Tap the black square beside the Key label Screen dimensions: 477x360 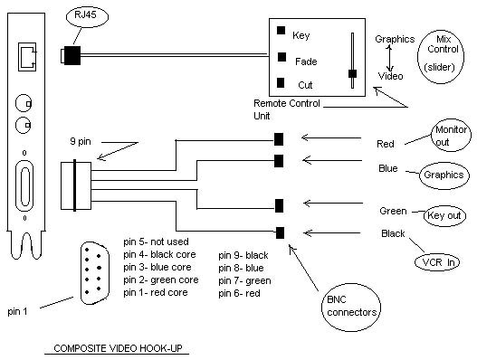(x=281, y=30)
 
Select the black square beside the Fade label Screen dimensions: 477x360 (x=282, y=57)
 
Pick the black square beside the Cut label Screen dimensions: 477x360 (x=281, y=82)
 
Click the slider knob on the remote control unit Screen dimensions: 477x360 (x=352, y=73)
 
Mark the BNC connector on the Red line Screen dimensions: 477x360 (x=279, y=139)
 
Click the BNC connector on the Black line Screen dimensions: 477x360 (x=280, y=232)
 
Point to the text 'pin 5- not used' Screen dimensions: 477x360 (x=156, y=242)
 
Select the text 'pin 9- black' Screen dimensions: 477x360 (x=243, y=255)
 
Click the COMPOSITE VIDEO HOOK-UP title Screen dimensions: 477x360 (x=118, y=348)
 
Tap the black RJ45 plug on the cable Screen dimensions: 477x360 (x=72, y=56)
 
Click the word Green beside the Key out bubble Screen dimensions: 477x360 (x=393, y=211)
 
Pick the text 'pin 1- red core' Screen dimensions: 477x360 (x=156, y=292)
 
